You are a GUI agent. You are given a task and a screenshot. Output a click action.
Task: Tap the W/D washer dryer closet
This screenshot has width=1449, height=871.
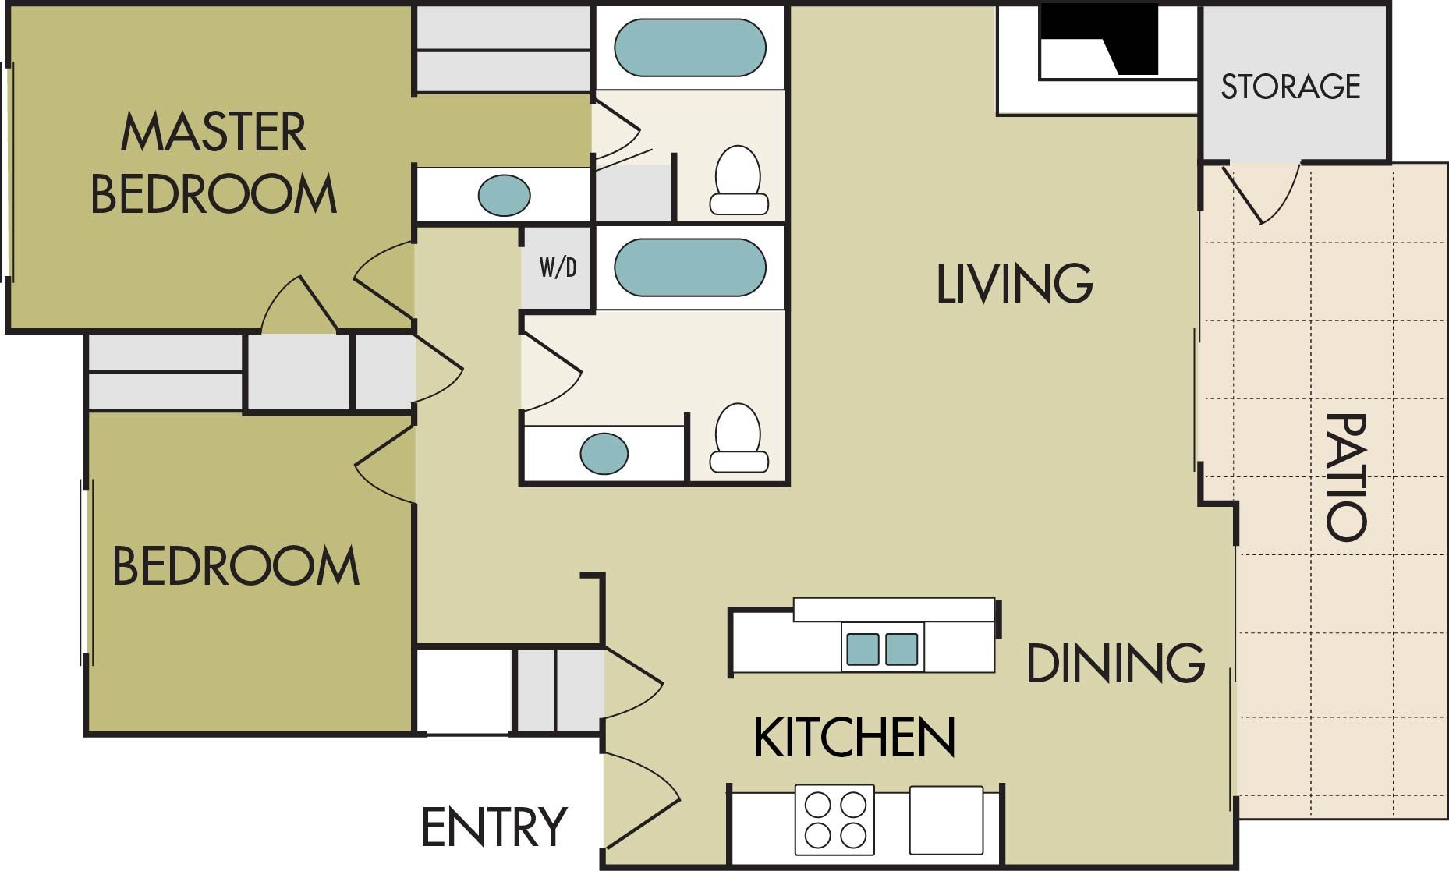[x=558, y=267]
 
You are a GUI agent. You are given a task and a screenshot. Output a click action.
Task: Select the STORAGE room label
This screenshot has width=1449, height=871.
[x=1290, y=87]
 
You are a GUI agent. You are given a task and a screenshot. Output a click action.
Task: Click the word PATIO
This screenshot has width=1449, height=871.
[x=1347, y=476]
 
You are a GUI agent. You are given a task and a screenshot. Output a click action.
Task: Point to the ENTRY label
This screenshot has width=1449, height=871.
[x=494, y=827]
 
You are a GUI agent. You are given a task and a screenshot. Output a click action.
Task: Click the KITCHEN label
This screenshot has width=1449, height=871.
[x=854, y=738]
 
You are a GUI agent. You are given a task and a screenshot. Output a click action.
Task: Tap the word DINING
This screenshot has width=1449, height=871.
[x=1115, y=664]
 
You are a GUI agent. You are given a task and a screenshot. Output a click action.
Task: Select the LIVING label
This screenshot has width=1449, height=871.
[x=1014, y=283]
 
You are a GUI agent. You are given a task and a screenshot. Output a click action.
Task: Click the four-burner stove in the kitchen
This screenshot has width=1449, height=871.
[x=834, y=820]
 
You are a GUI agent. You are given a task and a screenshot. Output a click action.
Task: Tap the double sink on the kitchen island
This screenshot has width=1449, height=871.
[x=882, y=649]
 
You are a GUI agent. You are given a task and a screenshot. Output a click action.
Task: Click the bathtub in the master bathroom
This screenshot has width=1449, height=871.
[x=690, y=48]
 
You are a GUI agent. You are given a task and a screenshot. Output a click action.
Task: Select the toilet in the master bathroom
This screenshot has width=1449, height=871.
[x=738, y=181]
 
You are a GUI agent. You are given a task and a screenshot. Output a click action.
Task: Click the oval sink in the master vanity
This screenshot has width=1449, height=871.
[x=504, y=195]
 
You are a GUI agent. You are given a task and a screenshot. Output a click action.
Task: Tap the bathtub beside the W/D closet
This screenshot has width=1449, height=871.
[x=690, y=267]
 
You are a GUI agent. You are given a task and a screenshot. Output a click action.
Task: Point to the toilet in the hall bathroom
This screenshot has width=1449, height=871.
[x=738, y=438]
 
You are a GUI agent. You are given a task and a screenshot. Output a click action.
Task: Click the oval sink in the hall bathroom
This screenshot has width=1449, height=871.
[x=604, y=453]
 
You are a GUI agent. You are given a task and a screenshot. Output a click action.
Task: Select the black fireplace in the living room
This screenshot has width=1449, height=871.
[x=1107, y=39]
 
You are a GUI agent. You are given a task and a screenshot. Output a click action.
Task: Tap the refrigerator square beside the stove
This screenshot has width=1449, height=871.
[x=946, y=820]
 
